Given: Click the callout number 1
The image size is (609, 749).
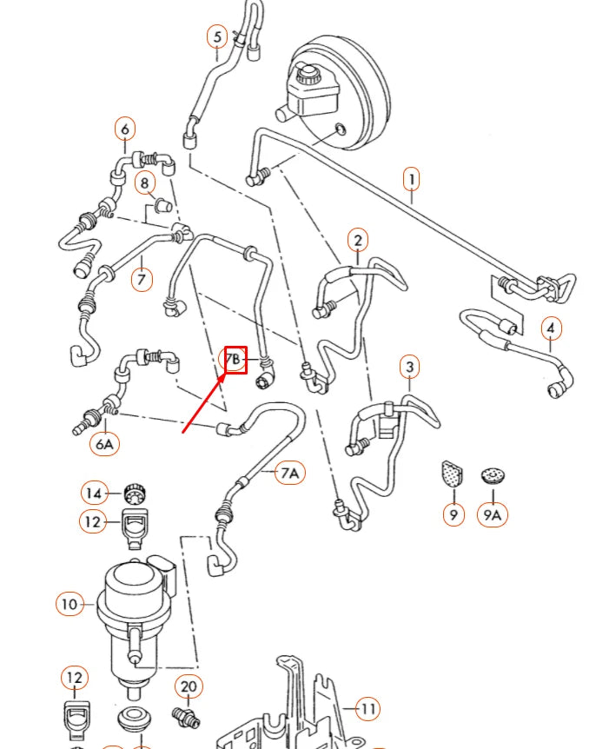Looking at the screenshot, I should point(411,180).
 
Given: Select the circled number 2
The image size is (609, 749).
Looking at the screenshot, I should point(358,240).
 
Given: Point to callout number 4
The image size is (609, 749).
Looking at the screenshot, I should point(551,329).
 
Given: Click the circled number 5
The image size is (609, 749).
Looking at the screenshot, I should point(217,37).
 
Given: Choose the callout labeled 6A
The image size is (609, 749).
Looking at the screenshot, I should point(104,444).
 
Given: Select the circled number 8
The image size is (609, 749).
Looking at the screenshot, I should point(146,182).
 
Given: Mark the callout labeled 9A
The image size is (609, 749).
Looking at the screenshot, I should point(493,514).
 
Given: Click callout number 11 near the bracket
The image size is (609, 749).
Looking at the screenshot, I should point(368,709).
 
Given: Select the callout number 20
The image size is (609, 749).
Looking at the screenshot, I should point(189,687).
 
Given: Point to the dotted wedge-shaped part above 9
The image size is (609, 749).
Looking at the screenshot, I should point(453,473).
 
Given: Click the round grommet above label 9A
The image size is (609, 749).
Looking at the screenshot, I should point(493,475).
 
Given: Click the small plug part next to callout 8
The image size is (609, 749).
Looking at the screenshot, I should point(161,206).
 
